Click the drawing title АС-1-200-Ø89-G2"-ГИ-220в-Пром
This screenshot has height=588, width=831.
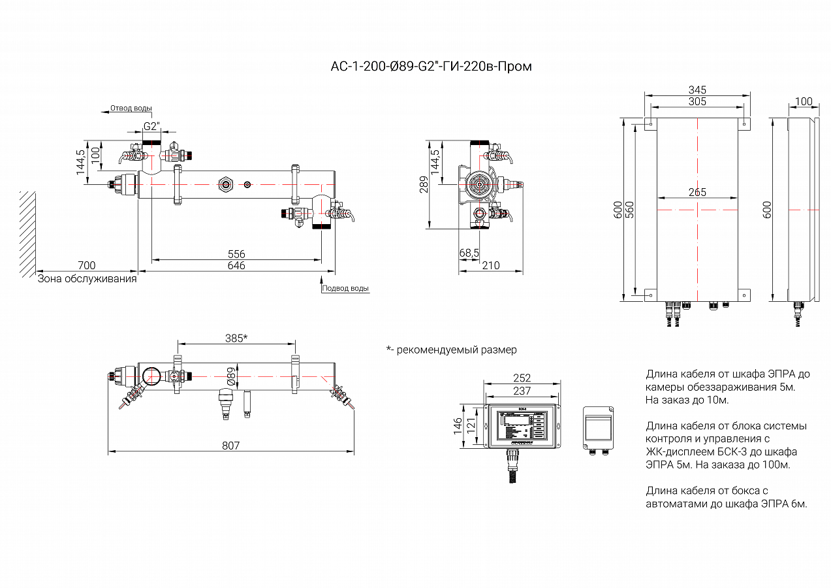point(431,67)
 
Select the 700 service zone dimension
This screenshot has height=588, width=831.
point(86,265)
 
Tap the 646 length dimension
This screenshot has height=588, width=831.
point(236,265)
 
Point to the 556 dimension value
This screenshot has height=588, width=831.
point(236,254)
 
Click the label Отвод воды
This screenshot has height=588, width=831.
point(131,108)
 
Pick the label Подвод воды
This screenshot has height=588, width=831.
point(346,288)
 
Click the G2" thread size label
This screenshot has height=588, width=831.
point(151,126)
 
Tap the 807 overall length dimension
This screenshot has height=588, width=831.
point(230,446)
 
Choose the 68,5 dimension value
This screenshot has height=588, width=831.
point(469,252)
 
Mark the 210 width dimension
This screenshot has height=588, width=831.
point(490,265)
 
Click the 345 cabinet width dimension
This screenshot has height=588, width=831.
point(697,90)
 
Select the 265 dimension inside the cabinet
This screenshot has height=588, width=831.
point(697,193)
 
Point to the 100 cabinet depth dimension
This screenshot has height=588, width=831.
point(804,101)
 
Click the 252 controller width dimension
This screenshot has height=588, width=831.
point(522,378)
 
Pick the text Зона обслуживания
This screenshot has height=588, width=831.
point(87,279)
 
